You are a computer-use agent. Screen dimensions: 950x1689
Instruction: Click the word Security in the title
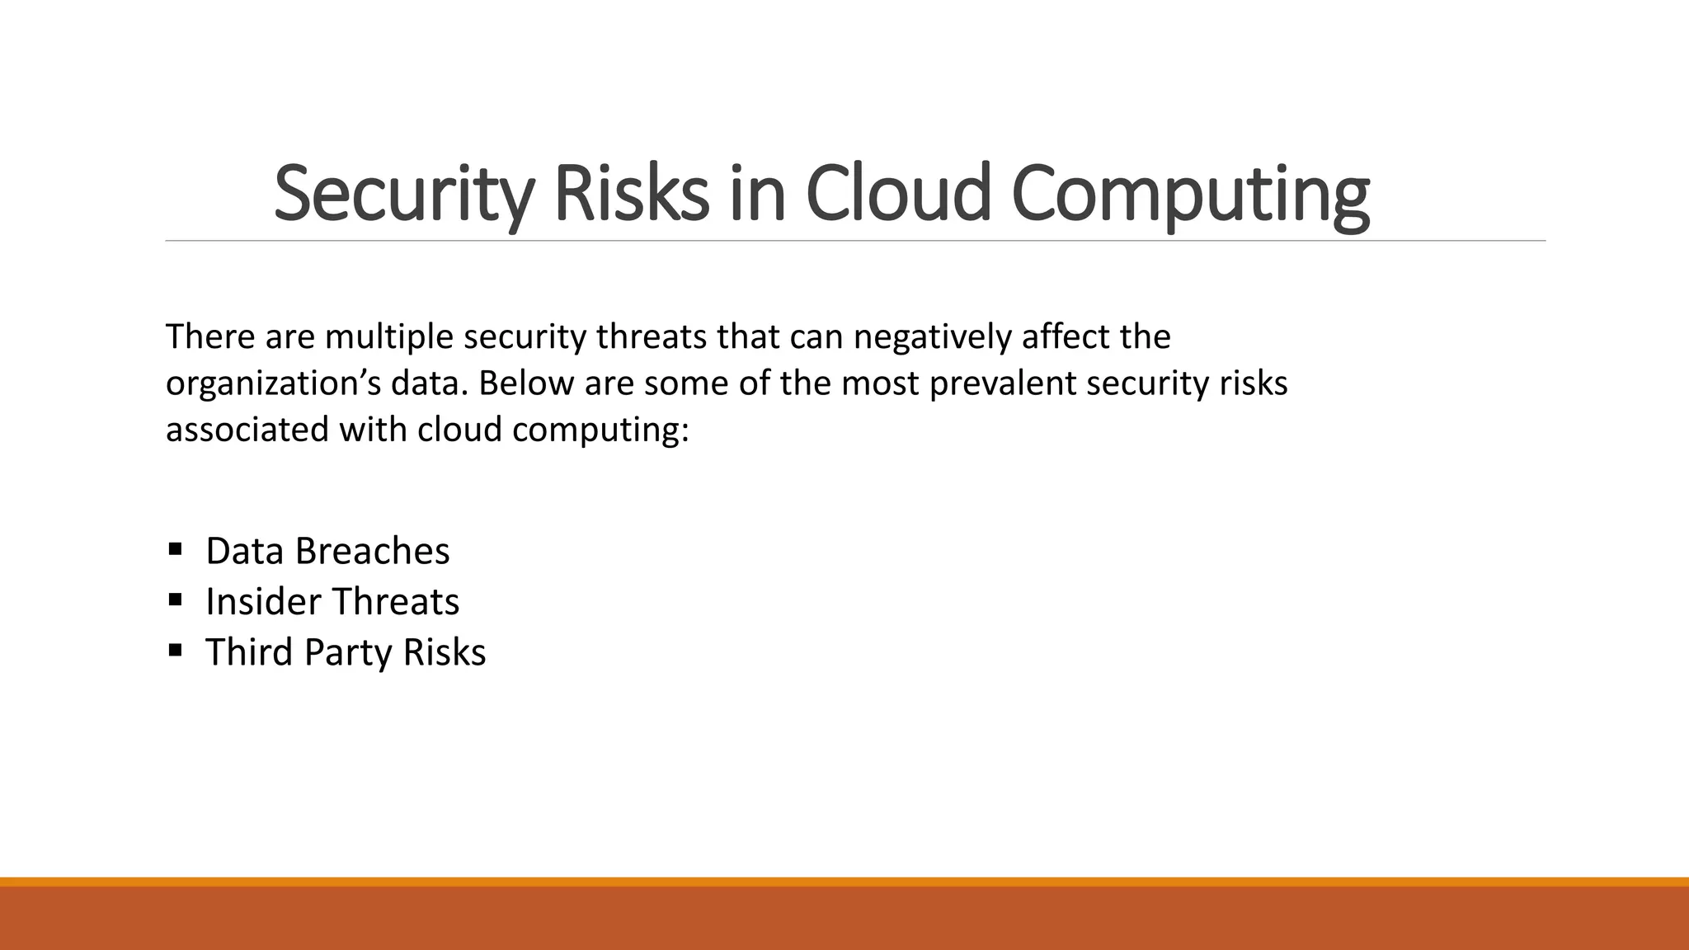click(402, 195)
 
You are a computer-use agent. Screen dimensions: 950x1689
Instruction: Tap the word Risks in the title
click(631, 195)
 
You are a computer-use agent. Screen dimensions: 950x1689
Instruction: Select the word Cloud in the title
click(896, 195)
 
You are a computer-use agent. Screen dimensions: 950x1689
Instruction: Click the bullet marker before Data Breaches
click(175, 548)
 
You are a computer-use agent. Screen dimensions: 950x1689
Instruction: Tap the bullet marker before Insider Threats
click(175, 600)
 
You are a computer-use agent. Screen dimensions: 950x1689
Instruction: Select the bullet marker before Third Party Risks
click(175, 650)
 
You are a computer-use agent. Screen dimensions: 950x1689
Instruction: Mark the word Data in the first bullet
click(245, 551)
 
